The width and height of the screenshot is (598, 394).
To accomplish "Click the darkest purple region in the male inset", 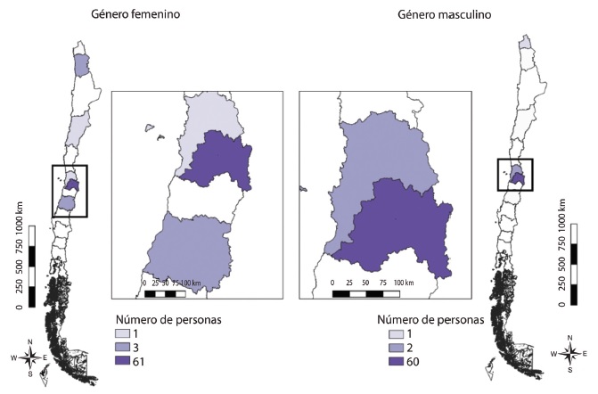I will coord(397,227).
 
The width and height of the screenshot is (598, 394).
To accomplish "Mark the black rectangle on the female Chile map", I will coord(70,191).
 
